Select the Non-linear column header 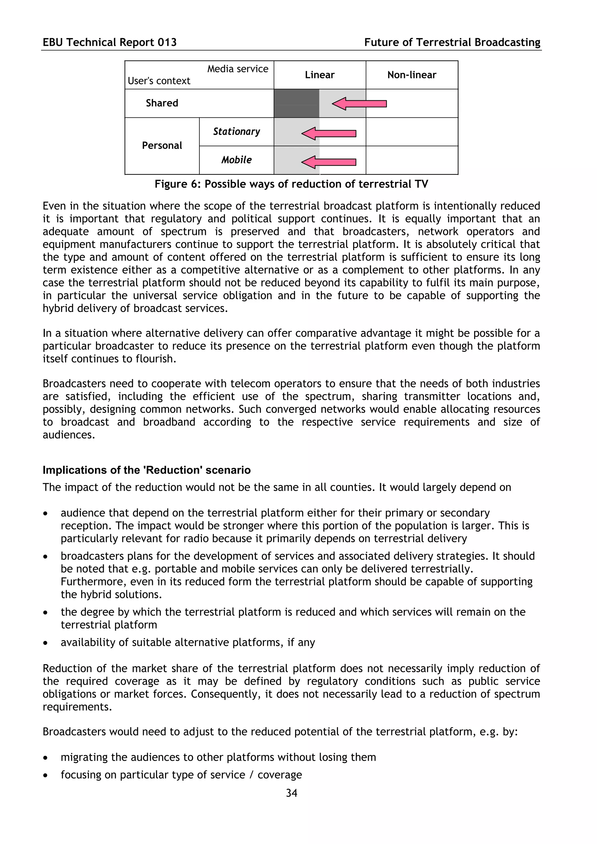411,75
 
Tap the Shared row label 162,103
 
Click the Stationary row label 236,132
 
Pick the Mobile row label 236,160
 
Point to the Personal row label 162,146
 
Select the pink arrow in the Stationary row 328,133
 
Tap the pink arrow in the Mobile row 328,162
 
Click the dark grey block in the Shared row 296,103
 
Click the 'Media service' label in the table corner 238,69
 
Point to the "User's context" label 159,81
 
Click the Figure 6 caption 291,184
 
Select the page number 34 291,793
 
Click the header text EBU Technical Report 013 110,42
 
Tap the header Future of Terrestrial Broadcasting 452,42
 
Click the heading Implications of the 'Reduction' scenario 146,470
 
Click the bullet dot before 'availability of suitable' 45,643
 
